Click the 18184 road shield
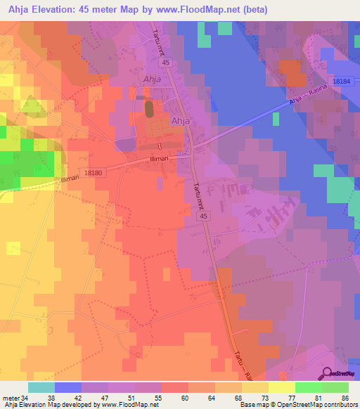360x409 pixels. (x=342, y=82)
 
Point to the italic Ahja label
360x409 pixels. (x=152, y=79)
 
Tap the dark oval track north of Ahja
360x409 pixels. (x=149, y=109)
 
